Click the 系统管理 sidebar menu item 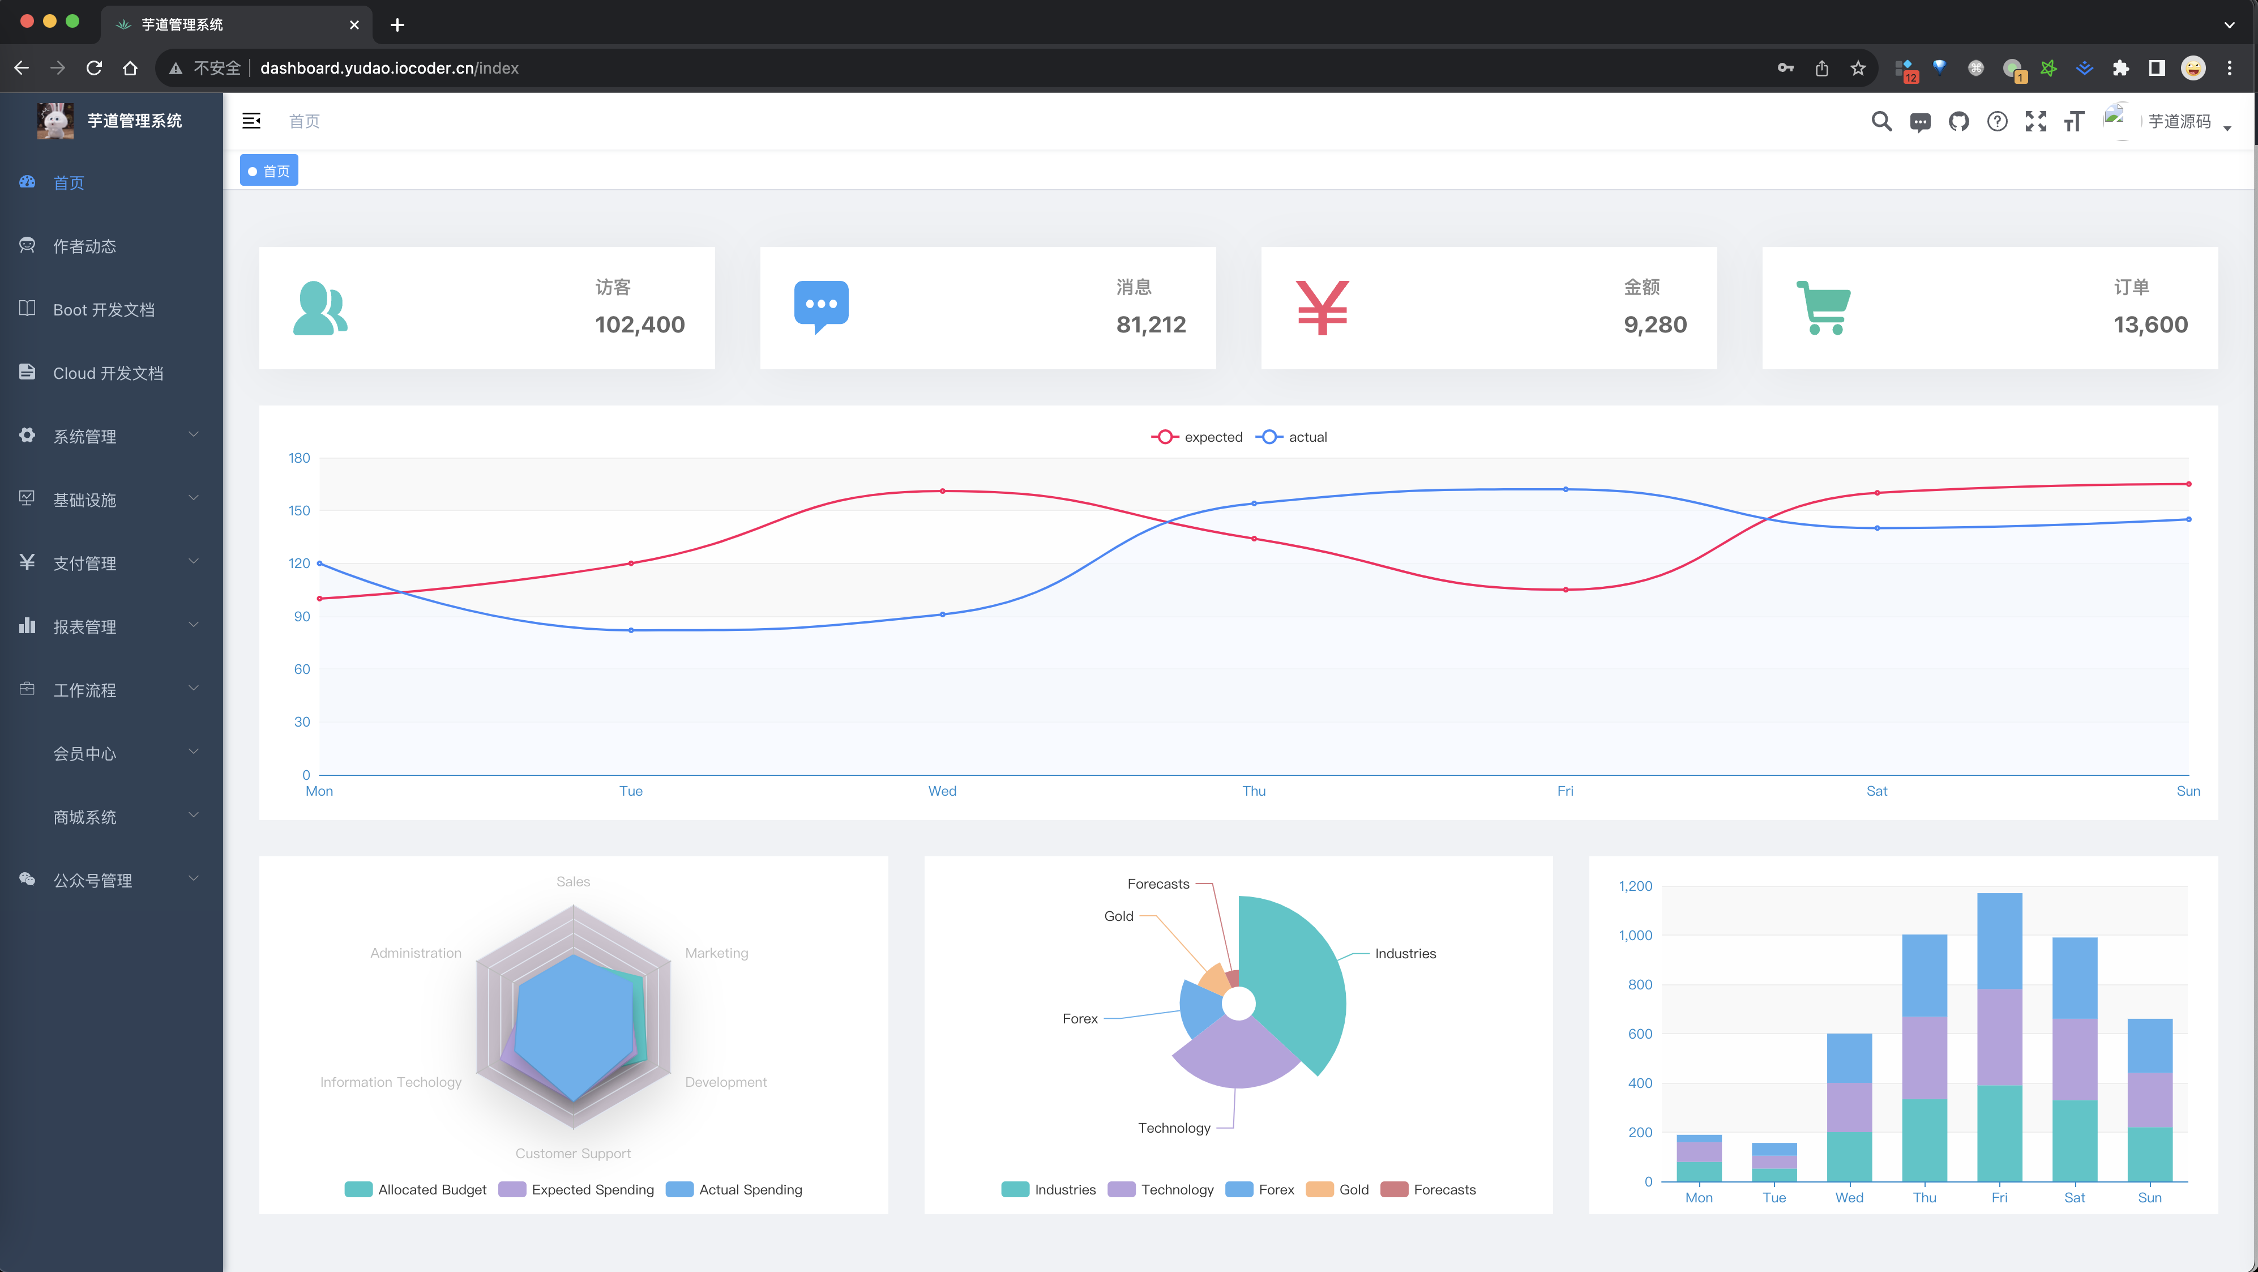coord(85,437)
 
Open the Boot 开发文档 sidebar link coord(104,309)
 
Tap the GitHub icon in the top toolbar coord(1958,122)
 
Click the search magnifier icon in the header coord(1881,122)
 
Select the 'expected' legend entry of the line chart coord(1198,437)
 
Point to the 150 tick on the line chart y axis coord(299,510)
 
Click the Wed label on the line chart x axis coord(942,791)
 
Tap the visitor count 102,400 coord(640,325)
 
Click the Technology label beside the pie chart coord(1174,1128)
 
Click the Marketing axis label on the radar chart coord(716,953)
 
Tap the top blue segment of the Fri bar coord(1999,941)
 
